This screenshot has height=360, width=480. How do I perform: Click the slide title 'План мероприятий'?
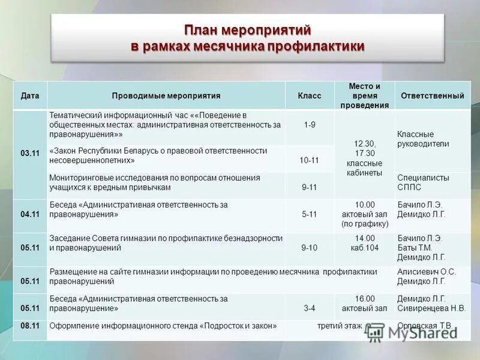click(247, 29)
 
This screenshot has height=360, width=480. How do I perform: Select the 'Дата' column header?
click(30, 96)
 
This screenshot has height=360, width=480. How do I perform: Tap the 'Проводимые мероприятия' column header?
click(166, 96)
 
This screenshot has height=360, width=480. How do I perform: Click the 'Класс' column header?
click(310, 96)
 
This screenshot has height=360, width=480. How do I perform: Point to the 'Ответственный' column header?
click(432, 96)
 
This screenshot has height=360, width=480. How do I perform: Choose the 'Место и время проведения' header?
click(364, 95)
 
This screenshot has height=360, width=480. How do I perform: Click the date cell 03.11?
click(30, 154)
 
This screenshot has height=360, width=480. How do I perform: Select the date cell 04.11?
click(30, 214)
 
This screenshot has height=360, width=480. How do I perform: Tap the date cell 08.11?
click(30, 326)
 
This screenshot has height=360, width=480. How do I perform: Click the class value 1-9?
click(310, 125)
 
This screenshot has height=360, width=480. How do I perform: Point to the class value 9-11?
click(310, 187)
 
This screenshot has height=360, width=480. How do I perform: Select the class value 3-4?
click(310, 308)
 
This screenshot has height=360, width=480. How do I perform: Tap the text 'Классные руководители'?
click(423, 139)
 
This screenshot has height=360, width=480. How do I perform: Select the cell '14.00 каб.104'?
click(364, 242)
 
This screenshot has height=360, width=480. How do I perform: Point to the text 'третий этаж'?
click(340, 326)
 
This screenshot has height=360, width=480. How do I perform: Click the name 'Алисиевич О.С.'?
click(427, 272)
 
